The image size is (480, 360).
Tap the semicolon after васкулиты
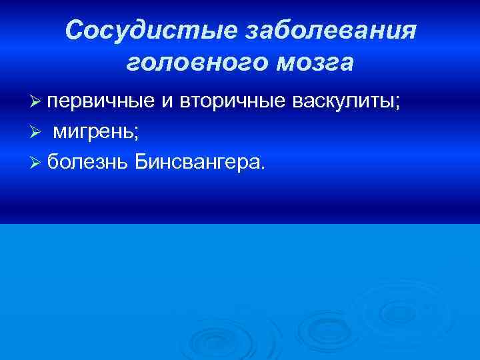pos(398,103)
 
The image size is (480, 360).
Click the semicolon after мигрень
pos(137,134)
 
